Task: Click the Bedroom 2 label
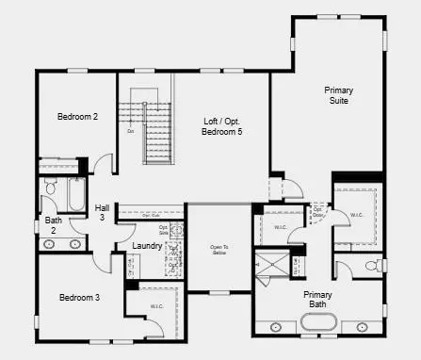77,117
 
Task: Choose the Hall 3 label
102,212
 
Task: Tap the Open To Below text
219,250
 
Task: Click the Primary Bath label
317,299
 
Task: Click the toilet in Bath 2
50,188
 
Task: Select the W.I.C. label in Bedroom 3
156,307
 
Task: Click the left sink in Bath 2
49,244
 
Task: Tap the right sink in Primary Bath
361,327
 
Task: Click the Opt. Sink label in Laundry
163,229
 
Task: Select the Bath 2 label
54,225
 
